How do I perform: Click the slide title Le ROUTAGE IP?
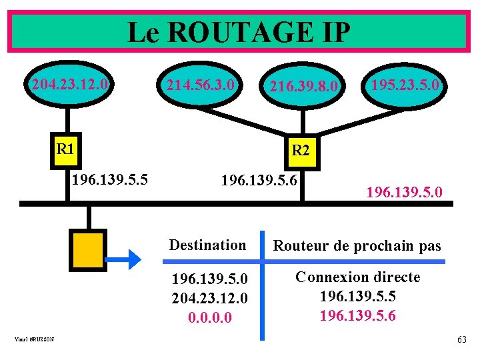click(238, 32)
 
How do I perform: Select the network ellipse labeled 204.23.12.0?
click(69, 85)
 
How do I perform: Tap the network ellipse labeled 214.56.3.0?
click(200, 85)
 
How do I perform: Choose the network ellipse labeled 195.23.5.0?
click(405, 85)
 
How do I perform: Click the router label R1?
click(65, 148)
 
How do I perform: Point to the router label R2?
click(300, 151)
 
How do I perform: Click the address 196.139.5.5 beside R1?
click(109, 179)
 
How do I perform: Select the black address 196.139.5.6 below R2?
click(259, 180)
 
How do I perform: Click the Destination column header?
click(207, 245)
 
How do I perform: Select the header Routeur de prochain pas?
click(357, 245)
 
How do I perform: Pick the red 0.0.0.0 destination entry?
click(210, 318)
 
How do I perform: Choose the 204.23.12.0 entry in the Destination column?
click(210, 297)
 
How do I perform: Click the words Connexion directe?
click(357, 277)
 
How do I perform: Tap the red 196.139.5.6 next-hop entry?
click(357, 315)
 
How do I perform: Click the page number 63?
click(461, 340)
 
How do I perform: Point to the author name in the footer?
click(33, 341)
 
